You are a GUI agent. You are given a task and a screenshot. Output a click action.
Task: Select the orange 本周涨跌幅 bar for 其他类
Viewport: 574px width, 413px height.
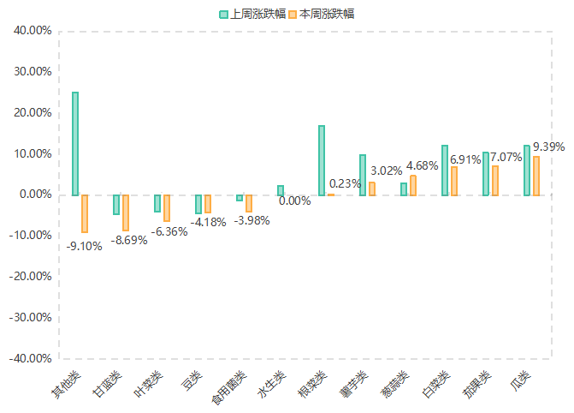[x=85, y=213]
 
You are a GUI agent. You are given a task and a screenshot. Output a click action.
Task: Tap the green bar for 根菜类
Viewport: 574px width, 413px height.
[x=322, y=160]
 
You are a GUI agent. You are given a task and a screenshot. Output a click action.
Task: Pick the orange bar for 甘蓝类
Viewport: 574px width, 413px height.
[x=126, y=212]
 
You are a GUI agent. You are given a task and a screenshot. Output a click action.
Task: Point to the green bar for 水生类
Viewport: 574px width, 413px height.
[x=281, y=190]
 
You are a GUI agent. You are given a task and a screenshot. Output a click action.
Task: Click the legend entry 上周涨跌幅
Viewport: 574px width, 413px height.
[x=252, y=14]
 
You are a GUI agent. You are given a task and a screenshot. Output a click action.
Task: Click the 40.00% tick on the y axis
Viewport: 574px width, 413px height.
[x=33, y=31]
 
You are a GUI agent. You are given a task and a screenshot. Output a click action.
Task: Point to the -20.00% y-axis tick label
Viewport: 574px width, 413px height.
[x=31, y=277]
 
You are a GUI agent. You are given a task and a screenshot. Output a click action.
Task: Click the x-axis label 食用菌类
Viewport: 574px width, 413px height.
[x=228, y=390]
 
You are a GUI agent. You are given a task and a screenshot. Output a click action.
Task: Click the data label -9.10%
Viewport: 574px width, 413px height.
[x=84, y=246]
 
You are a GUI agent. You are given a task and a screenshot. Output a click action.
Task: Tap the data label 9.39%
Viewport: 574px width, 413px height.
[x=548, y=147]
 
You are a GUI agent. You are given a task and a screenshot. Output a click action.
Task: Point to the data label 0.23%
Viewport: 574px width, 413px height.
[x=345, y=183]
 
